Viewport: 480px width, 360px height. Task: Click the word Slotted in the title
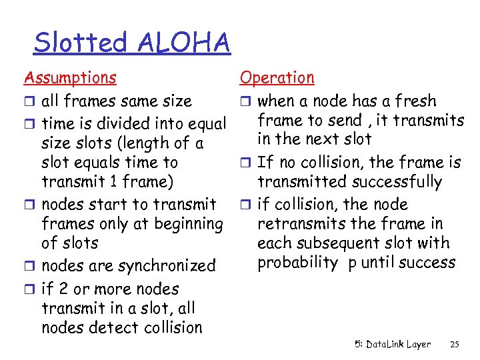tap(80, 43)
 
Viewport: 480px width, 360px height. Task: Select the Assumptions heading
tap(70, 77)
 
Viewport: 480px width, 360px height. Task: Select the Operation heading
tap(277, 77)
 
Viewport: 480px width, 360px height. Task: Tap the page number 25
tap(455, 345)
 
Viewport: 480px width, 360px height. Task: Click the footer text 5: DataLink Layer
tap(393, 345)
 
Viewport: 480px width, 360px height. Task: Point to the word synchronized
tap(166, 266)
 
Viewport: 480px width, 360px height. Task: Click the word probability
tap(297, 263)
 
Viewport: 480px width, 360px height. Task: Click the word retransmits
tap(297, 223)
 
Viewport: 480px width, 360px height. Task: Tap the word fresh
tap(415, 101)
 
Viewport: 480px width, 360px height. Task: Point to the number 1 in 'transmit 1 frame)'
tap(115, 181)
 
